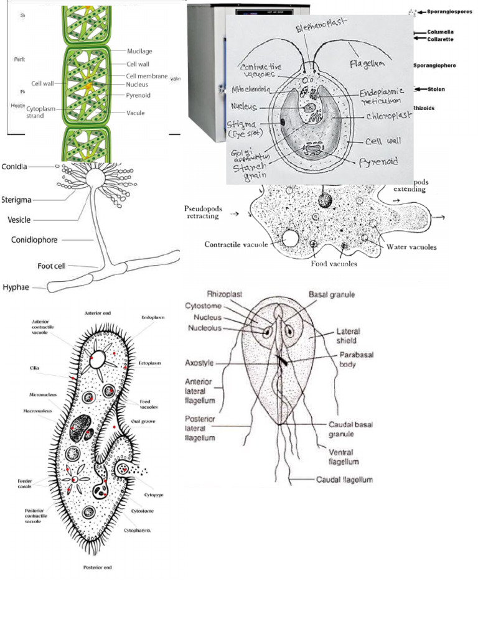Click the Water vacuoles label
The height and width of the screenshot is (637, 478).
tap(411, 247)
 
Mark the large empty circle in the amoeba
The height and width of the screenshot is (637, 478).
tap(290, 238)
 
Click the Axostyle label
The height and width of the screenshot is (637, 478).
tap(200, 363)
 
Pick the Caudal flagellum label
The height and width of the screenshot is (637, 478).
tap(344, 480)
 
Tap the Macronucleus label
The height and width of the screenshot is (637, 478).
tap(39, 411)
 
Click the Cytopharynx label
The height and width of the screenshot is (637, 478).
tap(144, 531)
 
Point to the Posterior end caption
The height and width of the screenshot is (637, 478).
tap(98, 567)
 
